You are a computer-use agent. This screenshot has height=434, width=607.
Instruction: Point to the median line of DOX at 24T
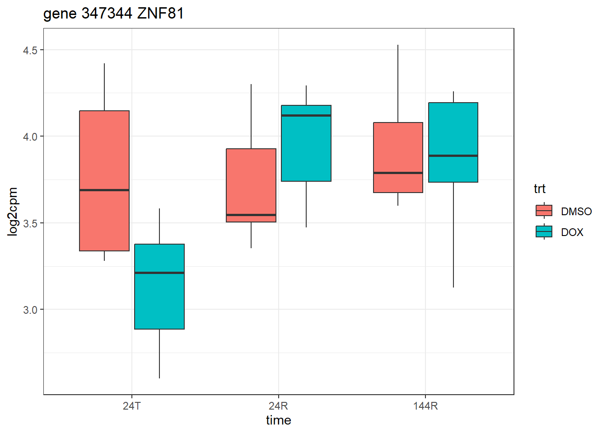pyautogui.click(x=159, y=273)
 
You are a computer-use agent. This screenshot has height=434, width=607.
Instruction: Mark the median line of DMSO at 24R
pyautogui.click(x=251, y=215)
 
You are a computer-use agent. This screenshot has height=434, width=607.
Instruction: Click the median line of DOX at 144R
pyautogui.click(x=453, y=156)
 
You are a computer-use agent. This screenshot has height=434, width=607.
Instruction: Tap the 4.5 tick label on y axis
pyautogui.click(x=30, y=50)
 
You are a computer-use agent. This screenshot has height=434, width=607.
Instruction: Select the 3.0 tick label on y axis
pyautogui.click(x=30, y=310)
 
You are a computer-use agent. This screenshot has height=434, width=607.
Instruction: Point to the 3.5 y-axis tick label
pyautogui.click(x=30, y=223)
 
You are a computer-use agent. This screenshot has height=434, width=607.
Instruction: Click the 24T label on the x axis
pyautogui.click(x=131, y=406)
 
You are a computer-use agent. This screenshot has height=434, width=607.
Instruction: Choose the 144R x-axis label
pyautogui.click(x=425, y=406)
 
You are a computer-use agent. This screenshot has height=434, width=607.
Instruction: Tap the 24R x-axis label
pyautogui.click(x=278, y=406)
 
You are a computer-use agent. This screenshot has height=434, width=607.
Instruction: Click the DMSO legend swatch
pyautogui.click(x=544, y=211)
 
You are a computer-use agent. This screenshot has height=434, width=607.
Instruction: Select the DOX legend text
pyautogui.click(x=572, y=232)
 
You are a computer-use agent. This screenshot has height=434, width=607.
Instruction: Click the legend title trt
pyautogui.click(x=539, y=189)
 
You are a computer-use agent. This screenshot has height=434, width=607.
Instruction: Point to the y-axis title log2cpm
pyautogui.click(x=13, y=212)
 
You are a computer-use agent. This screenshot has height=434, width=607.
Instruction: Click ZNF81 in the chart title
pyautogui.click(x=160, y=14)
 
